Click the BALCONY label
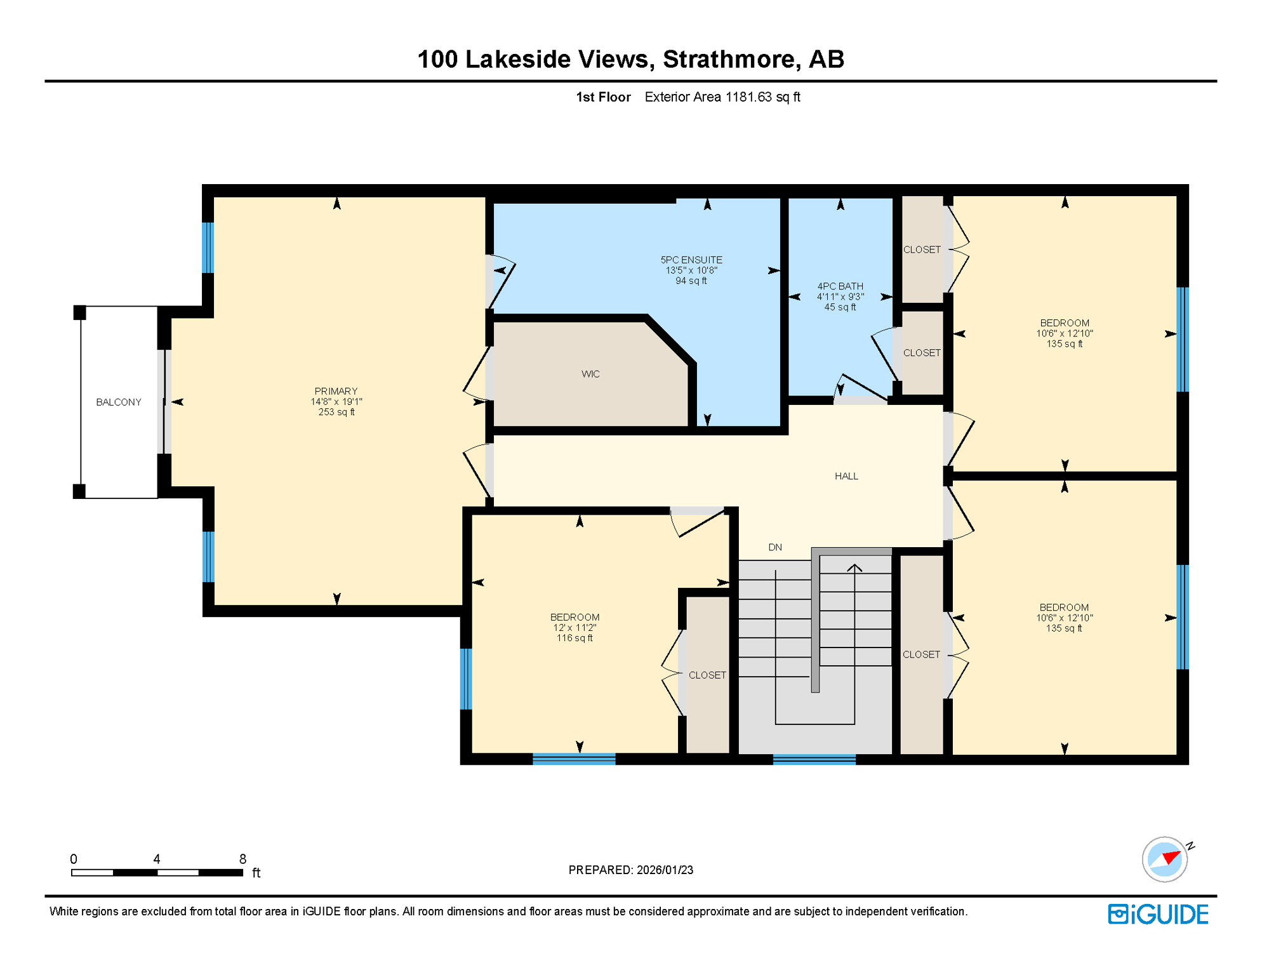coord(118,402)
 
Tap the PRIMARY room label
coord(336,391)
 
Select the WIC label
coord(590,374)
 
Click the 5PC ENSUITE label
coord(691,260)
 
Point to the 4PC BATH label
coord(840,286)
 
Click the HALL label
coord(846,476)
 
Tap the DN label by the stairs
coord(774,547)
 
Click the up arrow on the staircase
coord(854,568)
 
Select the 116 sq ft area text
coord(575,638)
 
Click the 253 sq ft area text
coord(336,412)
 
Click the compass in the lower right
coord(1165,859)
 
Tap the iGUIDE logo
coord(1158,914)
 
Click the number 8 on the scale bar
coord(242,859)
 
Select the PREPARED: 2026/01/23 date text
coord(630,870)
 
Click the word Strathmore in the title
coord(728,59)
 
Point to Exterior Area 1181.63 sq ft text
coord(722,97)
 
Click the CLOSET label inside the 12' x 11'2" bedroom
coord(707,675)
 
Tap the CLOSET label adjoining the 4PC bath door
coord(922,353)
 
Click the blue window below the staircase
coord(814,759)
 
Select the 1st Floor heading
coord(603,97)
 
